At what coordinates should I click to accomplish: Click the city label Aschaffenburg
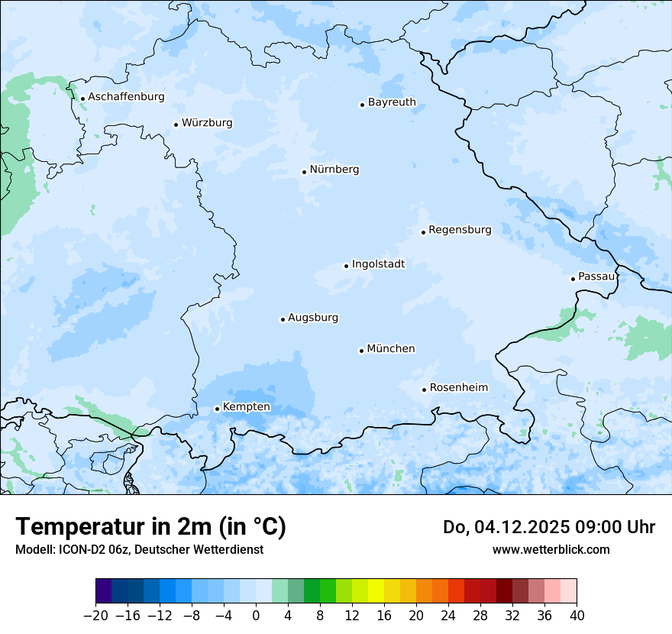pos(126,97)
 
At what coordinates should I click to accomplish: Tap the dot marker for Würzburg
pos(176,125)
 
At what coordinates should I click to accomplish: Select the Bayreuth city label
pos(392,102)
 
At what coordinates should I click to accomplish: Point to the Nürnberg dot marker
pos(304,172)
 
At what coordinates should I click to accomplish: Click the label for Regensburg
pos(460,230)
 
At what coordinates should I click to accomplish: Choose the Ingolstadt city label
pos(378,264)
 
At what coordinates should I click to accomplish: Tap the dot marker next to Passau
pos(573,279)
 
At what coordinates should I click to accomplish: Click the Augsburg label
pos(312,318)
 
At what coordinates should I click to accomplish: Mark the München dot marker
pos(361,351)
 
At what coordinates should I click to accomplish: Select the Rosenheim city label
pos(458,388)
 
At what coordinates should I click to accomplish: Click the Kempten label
pos(246,407)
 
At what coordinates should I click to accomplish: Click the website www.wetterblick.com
pos(551,549)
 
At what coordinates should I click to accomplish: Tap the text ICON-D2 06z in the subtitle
pos(84,549)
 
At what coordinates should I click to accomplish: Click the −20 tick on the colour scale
pos(95,616)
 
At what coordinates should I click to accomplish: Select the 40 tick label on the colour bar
pos(577,616)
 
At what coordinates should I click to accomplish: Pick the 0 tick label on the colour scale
pos(256,616)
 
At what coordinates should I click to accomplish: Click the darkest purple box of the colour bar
pos(103,591)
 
